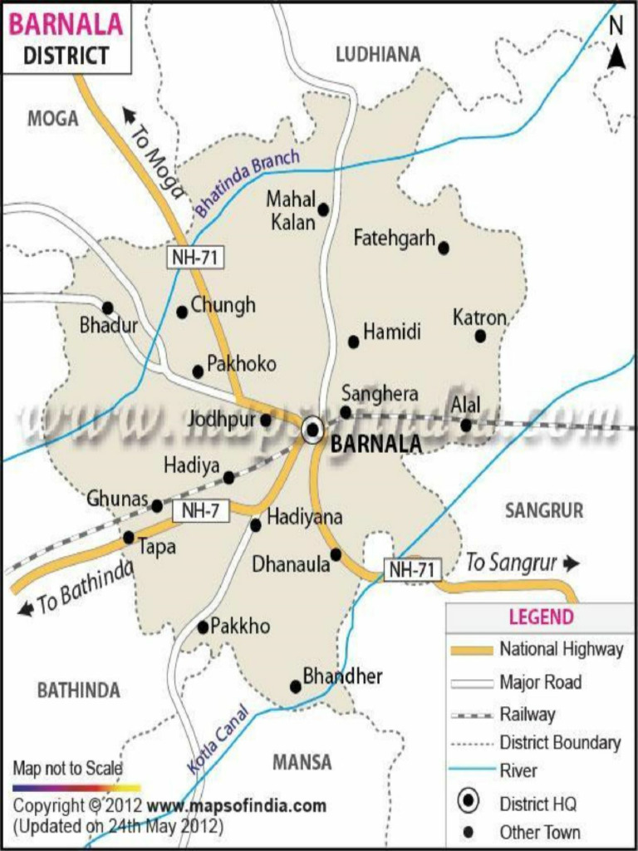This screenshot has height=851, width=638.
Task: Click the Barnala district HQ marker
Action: (x=313, y=429)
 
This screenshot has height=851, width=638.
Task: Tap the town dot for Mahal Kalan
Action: (x=323, y=209)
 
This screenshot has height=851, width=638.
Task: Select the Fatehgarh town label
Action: (x=394, y=239)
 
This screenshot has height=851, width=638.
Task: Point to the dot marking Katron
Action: (x=480, y=336)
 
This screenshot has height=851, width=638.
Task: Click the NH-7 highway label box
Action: (x=200, y=511)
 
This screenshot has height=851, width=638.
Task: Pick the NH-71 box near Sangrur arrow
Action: (x=412, y=569)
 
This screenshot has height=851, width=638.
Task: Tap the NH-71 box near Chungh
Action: (x=196, y=258)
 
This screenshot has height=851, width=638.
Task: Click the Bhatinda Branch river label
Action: (x=247, y=183)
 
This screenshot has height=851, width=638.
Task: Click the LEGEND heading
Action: (x=541, y=617)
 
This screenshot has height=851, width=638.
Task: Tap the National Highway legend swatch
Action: (x=470, y=650)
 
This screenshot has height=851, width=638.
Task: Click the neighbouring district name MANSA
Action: (x=302, y=761)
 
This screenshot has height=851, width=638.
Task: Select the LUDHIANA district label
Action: (x=378, y=55)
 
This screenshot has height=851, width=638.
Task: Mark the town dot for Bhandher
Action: (x=295, y=686)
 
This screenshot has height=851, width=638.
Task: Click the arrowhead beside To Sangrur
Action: (x=571, y=563)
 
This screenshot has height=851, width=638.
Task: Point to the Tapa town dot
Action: (x=129, y=538)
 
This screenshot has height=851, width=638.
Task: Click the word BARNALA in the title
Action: (x=66, y=25)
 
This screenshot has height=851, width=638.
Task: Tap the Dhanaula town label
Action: (x=290, y=565)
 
